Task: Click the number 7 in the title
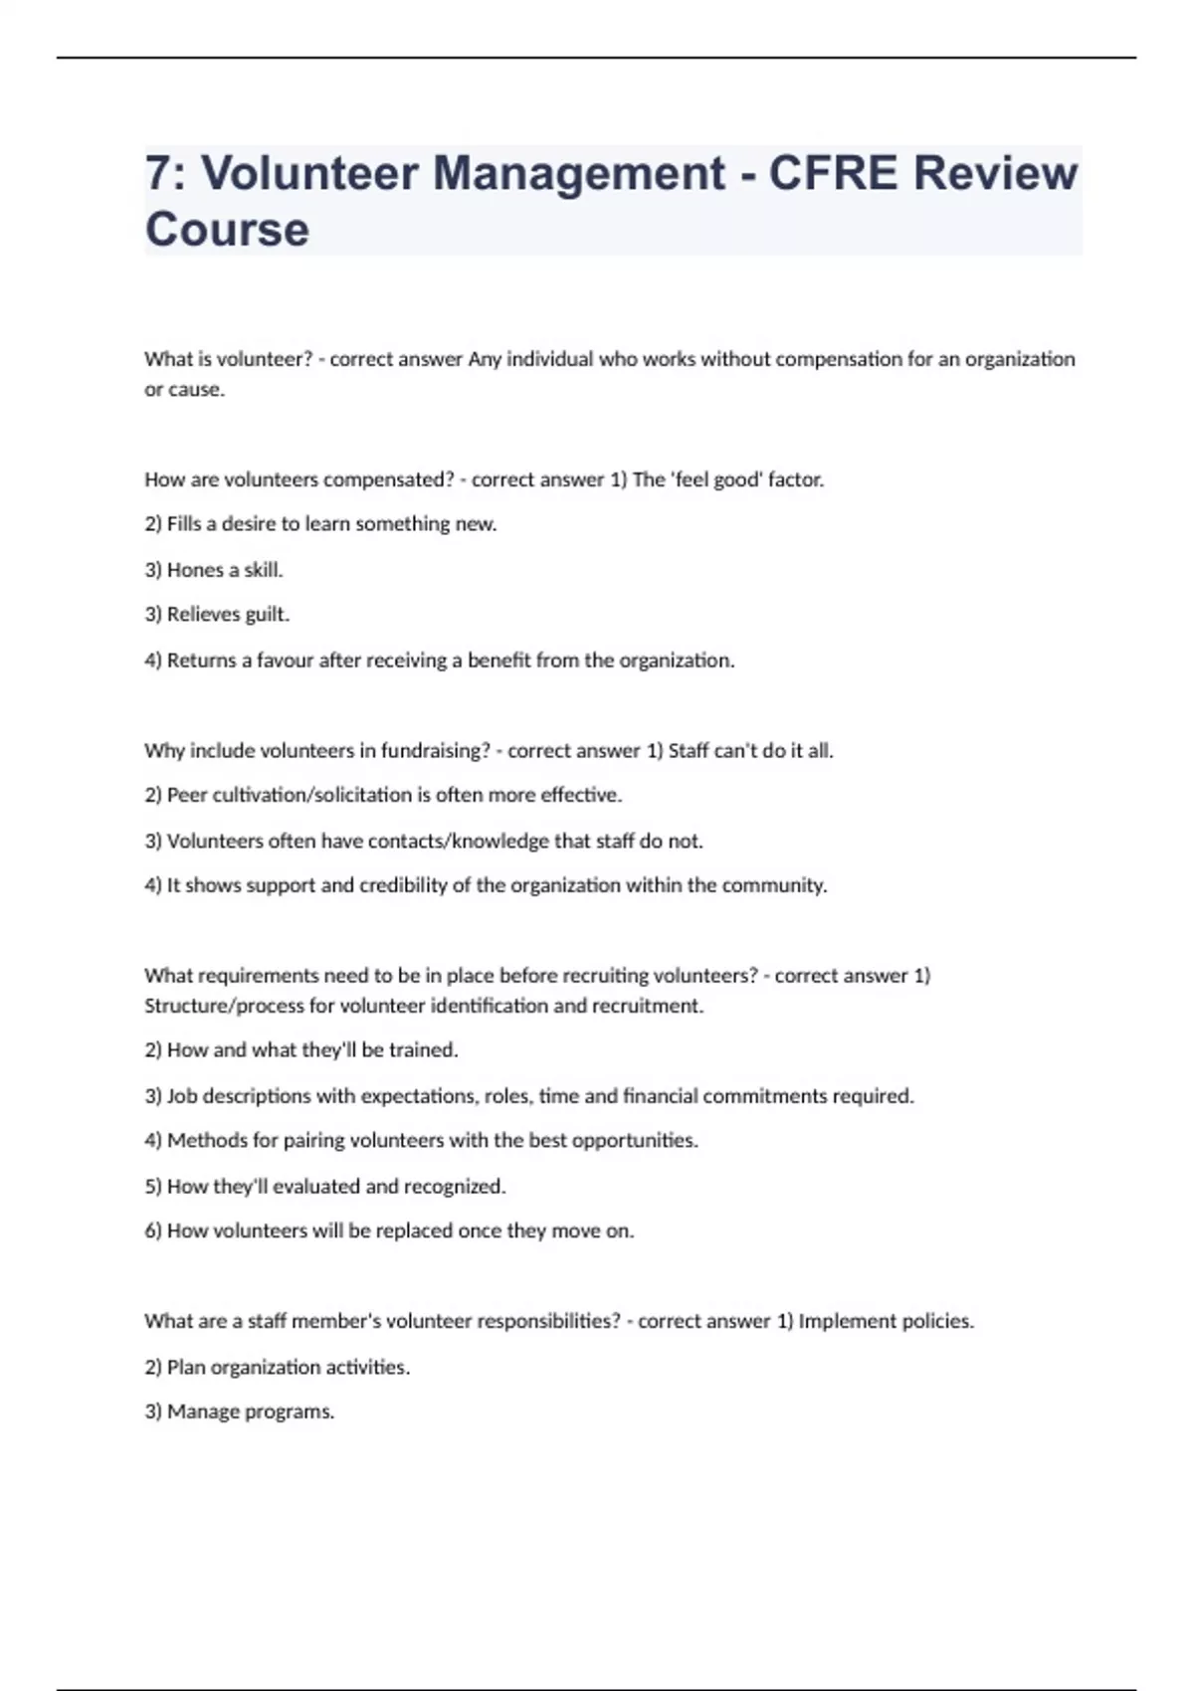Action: tap(157, 173)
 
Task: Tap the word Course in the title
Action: tap(227, 230)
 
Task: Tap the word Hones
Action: tap(195, 570)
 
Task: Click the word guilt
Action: tap(266, 615)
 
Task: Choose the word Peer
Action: tap(187, 795)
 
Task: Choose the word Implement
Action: tap(847, 1321)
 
